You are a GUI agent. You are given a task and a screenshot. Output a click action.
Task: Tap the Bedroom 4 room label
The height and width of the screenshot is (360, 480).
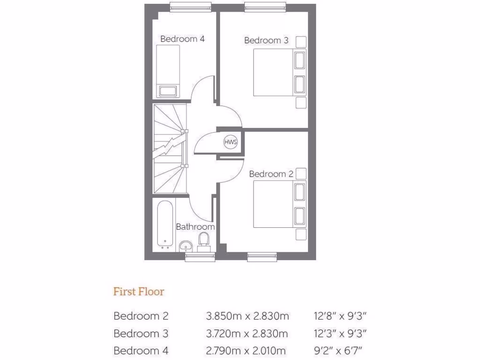[x=182, y=39]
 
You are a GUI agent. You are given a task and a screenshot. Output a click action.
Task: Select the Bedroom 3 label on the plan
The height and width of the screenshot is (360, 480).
[x=266, y=41]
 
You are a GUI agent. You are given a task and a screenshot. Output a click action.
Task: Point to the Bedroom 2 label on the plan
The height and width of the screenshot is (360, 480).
[x=271, y=174]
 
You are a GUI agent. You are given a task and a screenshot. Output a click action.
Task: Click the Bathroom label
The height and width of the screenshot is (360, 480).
[x=195, y=227]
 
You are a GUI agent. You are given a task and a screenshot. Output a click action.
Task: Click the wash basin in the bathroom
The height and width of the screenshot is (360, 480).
[x=186, y=245]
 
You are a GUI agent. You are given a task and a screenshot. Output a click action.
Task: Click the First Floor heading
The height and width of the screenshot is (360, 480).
[x=139, y=292]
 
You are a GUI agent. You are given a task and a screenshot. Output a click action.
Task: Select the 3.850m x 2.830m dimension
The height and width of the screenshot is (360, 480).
[x=247, y=316]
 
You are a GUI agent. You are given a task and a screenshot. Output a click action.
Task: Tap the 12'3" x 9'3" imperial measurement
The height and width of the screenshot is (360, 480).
[x=340, y=333]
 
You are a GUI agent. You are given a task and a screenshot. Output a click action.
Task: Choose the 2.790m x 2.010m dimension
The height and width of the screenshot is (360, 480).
[x=246, y=350]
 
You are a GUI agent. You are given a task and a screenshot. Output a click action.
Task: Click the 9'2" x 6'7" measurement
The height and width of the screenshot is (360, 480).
[x=338, y=350]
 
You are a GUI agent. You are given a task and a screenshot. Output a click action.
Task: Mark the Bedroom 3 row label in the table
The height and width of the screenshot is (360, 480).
[x=141, y=333]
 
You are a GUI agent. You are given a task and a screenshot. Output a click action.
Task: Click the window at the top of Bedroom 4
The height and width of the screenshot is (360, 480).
[x=190, y=6]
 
